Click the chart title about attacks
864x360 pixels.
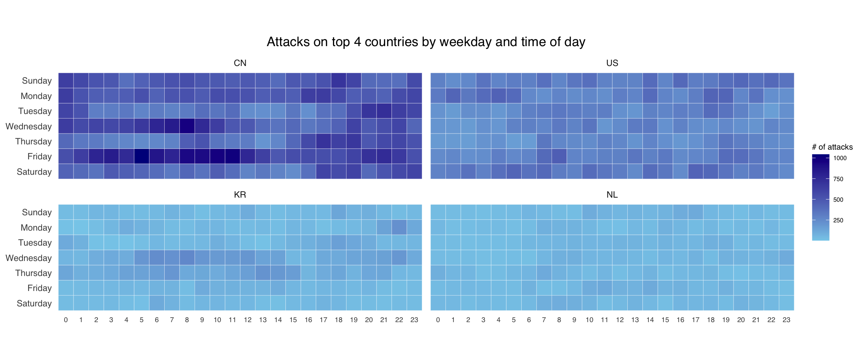[x=426, y=42]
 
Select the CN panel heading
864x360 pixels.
[x=240, y=63]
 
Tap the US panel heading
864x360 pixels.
[x=612, y=63]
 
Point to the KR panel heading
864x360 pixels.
[x=240, y=195]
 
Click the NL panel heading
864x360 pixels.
[x=612, y=195]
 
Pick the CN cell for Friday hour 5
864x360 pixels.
[x=142, y=156]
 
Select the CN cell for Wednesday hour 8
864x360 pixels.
[x=187, y=126]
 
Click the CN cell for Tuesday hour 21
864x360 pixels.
[x=384, y=111]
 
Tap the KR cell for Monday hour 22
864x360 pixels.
[x=399, y=228]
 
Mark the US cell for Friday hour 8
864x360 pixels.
[x=559, y=156]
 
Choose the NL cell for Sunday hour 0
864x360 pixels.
[x=438, y=212]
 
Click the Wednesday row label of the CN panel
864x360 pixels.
[x=29, y=126]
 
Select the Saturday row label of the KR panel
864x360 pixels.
[x=34, y=303]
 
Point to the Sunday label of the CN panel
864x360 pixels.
[x=37, y=81]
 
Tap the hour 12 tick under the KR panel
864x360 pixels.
[x=247, y=320]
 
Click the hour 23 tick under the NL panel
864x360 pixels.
[x=786, y=320]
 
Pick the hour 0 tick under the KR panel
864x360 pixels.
[x=66, y=320]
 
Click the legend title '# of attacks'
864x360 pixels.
[x=832, y=147]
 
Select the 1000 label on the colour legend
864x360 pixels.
[x=840, y=158]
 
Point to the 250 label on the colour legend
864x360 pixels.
[x=838, y=220]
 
